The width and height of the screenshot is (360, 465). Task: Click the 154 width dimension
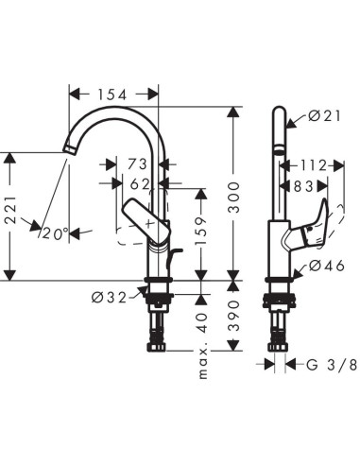[x=113, y=94]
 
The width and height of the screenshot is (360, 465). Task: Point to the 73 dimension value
[x=137, y=164]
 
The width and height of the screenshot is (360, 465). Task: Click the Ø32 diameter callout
[x=110, y=296]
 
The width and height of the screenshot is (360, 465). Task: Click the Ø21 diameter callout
[x=323, y=117]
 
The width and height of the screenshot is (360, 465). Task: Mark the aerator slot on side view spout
[x=278, y=150]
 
